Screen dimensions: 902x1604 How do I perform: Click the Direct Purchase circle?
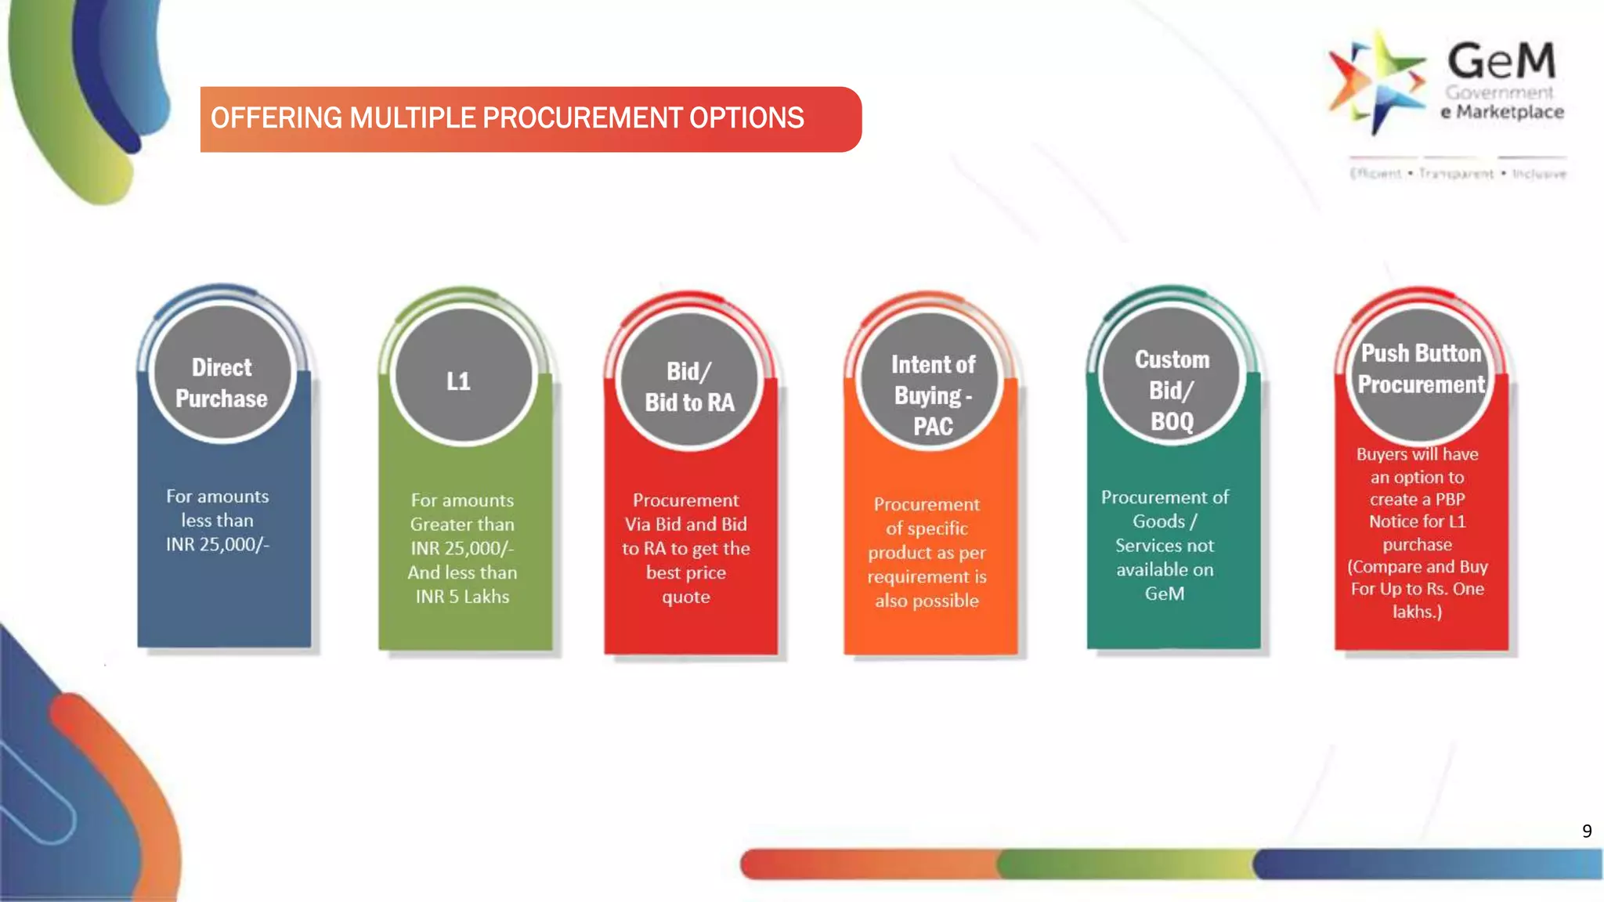(222, 373)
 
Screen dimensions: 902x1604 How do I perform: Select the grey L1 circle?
(463, 377)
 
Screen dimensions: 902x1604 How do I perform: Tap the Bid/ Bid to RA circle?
(689, 381)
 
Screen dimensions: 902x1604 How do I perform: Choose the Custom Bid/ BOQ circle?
(1172, 376)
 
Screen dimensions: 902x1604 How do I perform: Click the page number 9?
(1587, 831)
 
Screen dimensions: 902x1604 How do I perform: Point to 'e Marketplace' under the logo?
(1502, 112)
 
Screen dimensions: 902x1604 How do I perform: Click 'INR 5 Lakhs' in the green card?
(462, 597)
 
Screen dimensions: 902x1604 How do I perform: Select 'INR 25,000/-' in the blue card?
(217, 544)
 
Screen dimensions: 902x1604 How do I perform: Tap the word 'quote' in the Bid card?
(686, 597)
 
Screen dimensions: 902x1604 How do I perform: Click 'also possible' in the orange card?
(927, 601)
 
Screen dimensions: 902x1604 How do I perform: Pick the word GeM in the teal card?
(1165, 594)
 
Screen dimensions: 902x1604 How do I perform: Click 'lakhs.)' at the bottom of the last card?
(1417, 612)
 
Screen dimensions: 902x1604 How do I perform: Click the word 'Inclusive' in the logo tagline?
(1539, 174)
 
